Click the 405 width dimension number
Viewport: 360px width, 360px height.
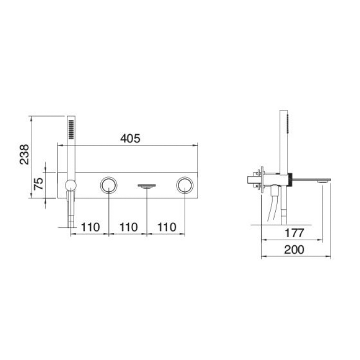130,138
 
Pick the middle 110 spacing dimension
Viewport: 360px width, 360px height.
128,227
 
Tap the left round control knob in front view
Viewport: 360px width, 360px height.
109,185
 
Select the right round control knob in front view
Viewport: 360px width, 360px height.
185,185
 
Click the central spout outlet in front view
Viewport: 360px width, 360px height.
147,186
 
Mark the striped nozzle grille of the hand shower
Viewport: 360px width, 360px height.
71,129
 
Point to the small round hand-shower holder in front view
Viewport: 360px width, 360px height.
70,186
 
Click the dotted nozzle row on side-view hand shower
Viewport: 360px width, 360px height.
289,123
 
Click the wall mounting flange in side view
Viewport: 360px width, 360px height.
263,180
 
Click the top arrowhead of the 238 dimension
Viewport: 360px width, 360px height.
32,118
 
